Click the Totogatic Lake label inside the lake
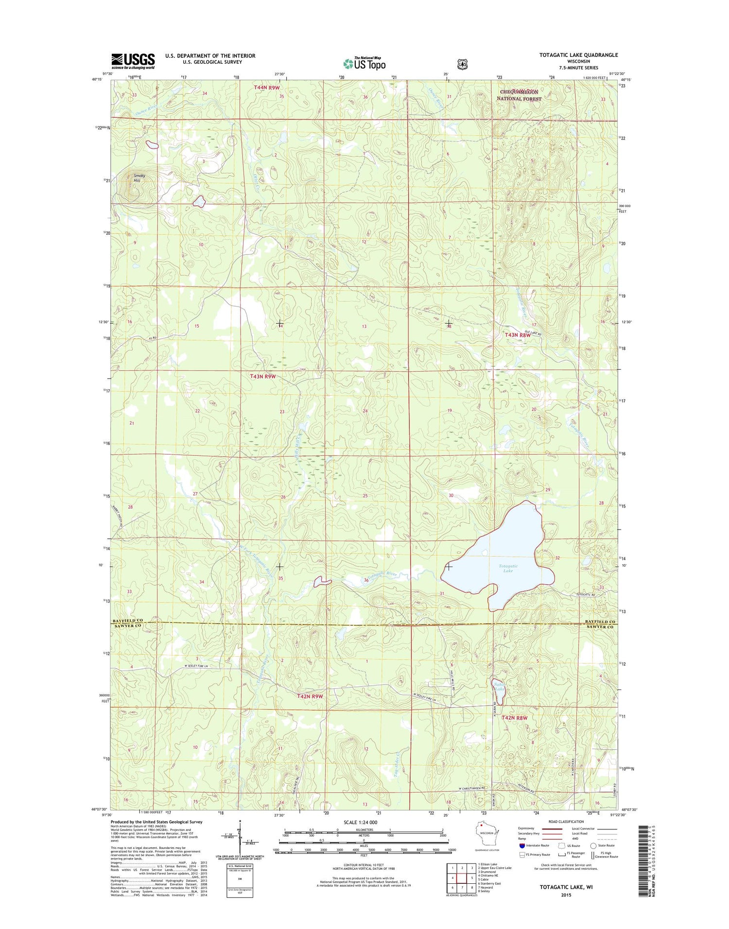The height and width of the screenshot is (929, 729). [508, 568]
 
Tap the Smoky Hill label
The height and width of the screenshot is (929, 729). [139, 178]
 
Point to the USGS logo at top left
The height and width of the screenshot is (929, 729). [133, 61]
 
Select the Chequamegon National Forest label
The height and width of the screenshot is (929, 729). [519, 95]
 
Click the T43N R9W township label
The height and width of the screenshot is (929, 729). [263, 376]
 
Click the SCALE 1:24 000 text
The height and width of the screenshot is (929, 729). [360, 822]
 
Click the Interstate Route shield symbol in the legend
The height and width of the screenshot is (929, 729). [522, 845]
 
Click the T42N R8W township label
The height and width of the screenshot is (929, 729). [514, 718]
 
